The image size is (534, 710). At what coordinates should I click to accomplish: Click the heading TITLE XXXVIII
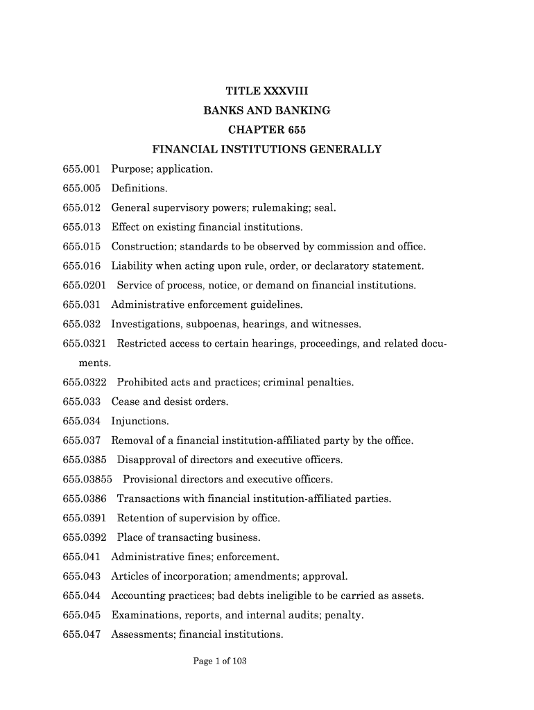(x=267, y=91)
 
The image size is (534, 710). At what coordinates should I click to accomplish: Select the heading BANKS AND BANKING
(x=267, y=110)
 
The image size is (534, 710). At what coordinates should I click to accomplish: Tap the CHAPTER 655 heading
(x=267, y=130)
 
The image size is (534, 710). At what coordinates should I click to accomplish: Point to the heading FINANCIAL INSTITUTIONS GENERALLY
(x=267, y=149)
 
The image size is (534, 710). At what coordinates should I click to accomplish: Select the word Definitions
(x=139, y=188)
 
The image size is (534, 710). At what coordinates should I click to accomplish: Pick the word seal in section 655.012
(x=325, y=207)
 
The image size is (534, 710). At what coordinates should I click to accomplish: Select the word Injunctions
(x=139, y=421)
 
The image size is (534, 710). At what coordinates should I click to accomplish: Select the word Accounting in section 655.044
(x=138, y=596)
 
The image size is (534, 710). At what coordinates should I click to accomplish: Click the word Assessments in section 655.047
(x=141, y=634)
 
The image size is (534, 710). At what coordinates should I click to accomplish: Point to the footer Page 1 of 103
(x=220, y=661)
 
